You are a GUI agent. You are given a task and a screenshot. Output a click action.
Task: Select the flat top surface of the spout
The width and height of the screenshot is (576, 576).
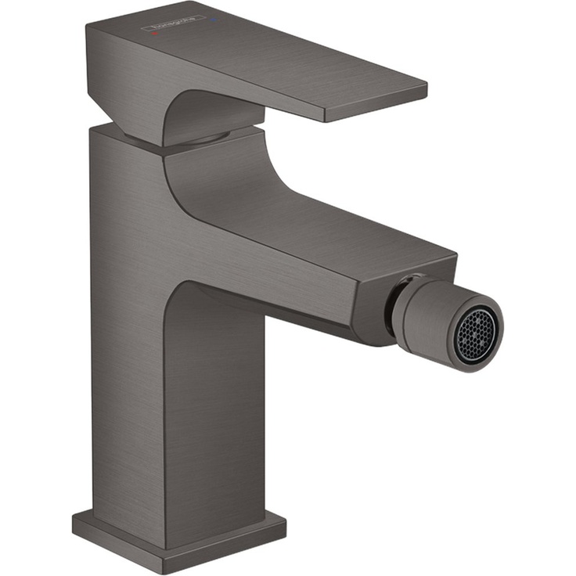pyautogui.click(x=313, y=219)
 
